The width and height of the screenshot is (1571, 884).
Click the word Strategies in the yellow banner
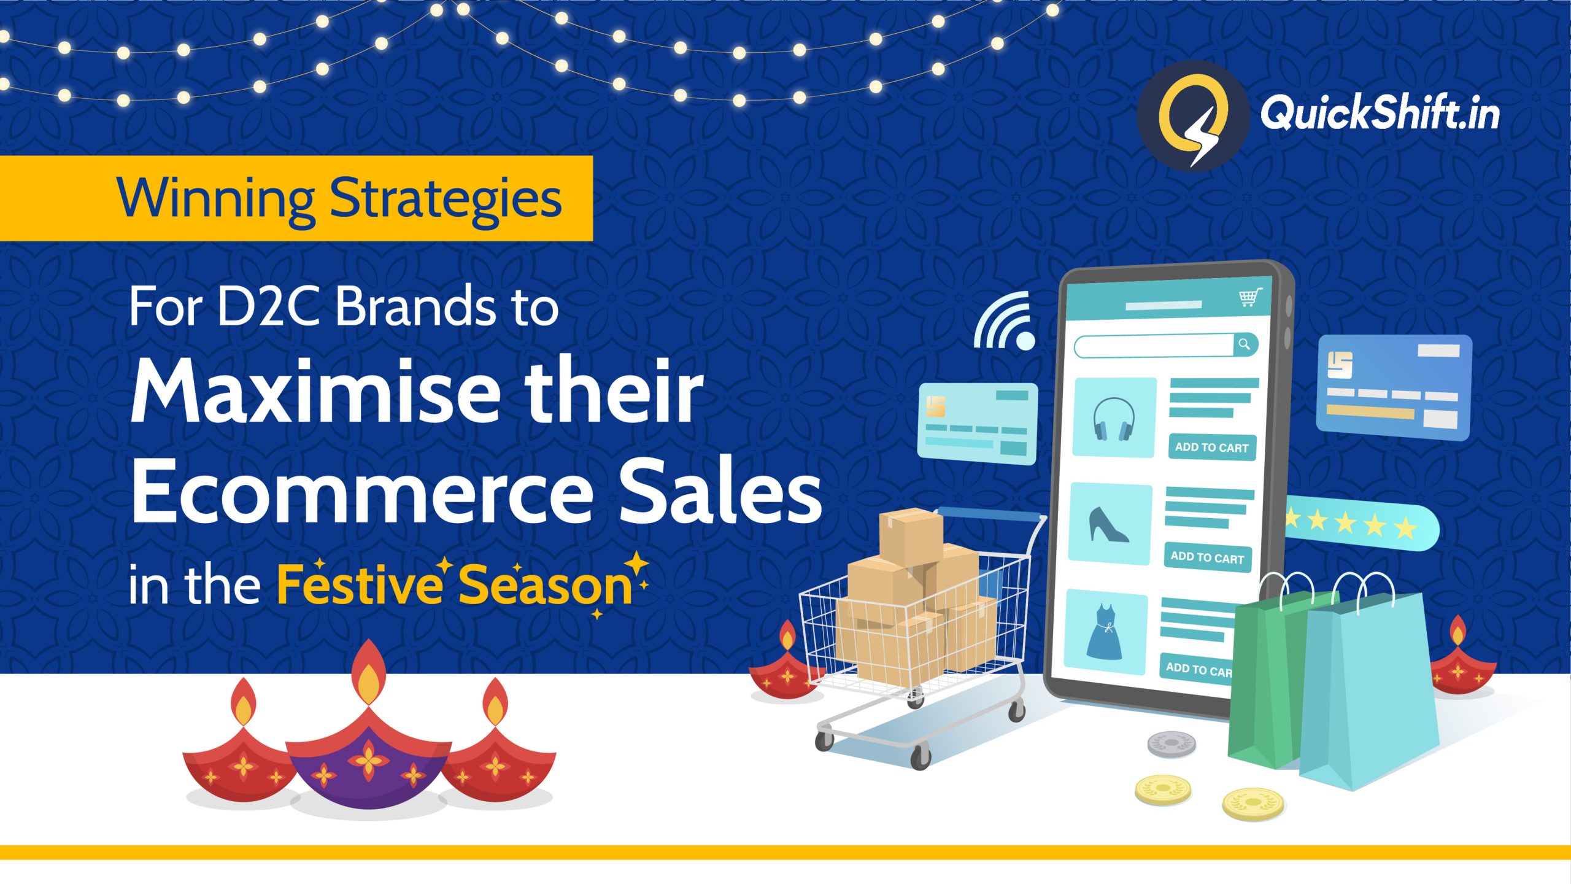click(446, 198)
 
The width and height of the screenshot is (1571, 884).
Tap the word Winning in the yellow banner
click(215, 198)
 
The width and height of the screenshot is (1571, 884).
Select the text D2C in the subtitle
click(268, 307)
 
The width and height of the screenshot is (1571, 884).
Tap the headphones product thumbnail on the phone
click(1114, 417)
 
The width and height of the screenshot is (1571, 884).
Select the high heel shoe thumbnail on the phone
click(1110, 524)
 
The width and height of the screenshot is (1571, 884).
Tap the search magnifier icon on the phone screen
click(1244, 344)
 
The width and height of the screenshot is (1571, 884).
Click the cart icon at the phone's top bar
click(1249, 298)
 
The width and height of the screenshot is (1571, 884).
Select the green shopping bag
click(1264, 681)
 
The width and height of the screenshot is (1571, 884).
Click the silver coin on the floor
click(1171, 744)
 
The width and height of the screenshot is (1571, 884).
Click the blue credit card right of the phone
click(1393, 387)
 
